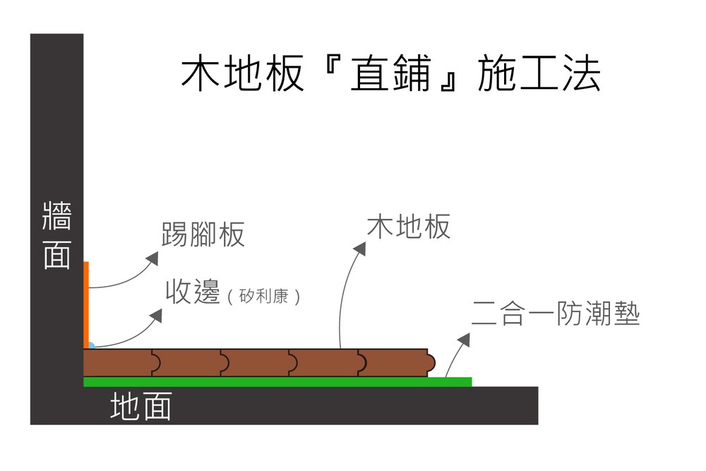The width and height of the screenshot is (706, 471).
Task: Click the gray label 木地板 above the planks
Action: pyautogui.click(x=408, y=227)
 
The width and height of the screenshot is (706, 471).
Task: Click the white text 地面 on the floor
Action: pyautogui.click(x=140, y=407)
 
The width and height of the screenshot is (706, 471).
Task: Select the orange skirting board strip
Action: pyautogui.click(x=86, y=304)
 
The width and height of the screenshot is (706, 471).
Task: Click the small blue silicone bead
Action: pyautogui.click(x=90, y=346)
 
